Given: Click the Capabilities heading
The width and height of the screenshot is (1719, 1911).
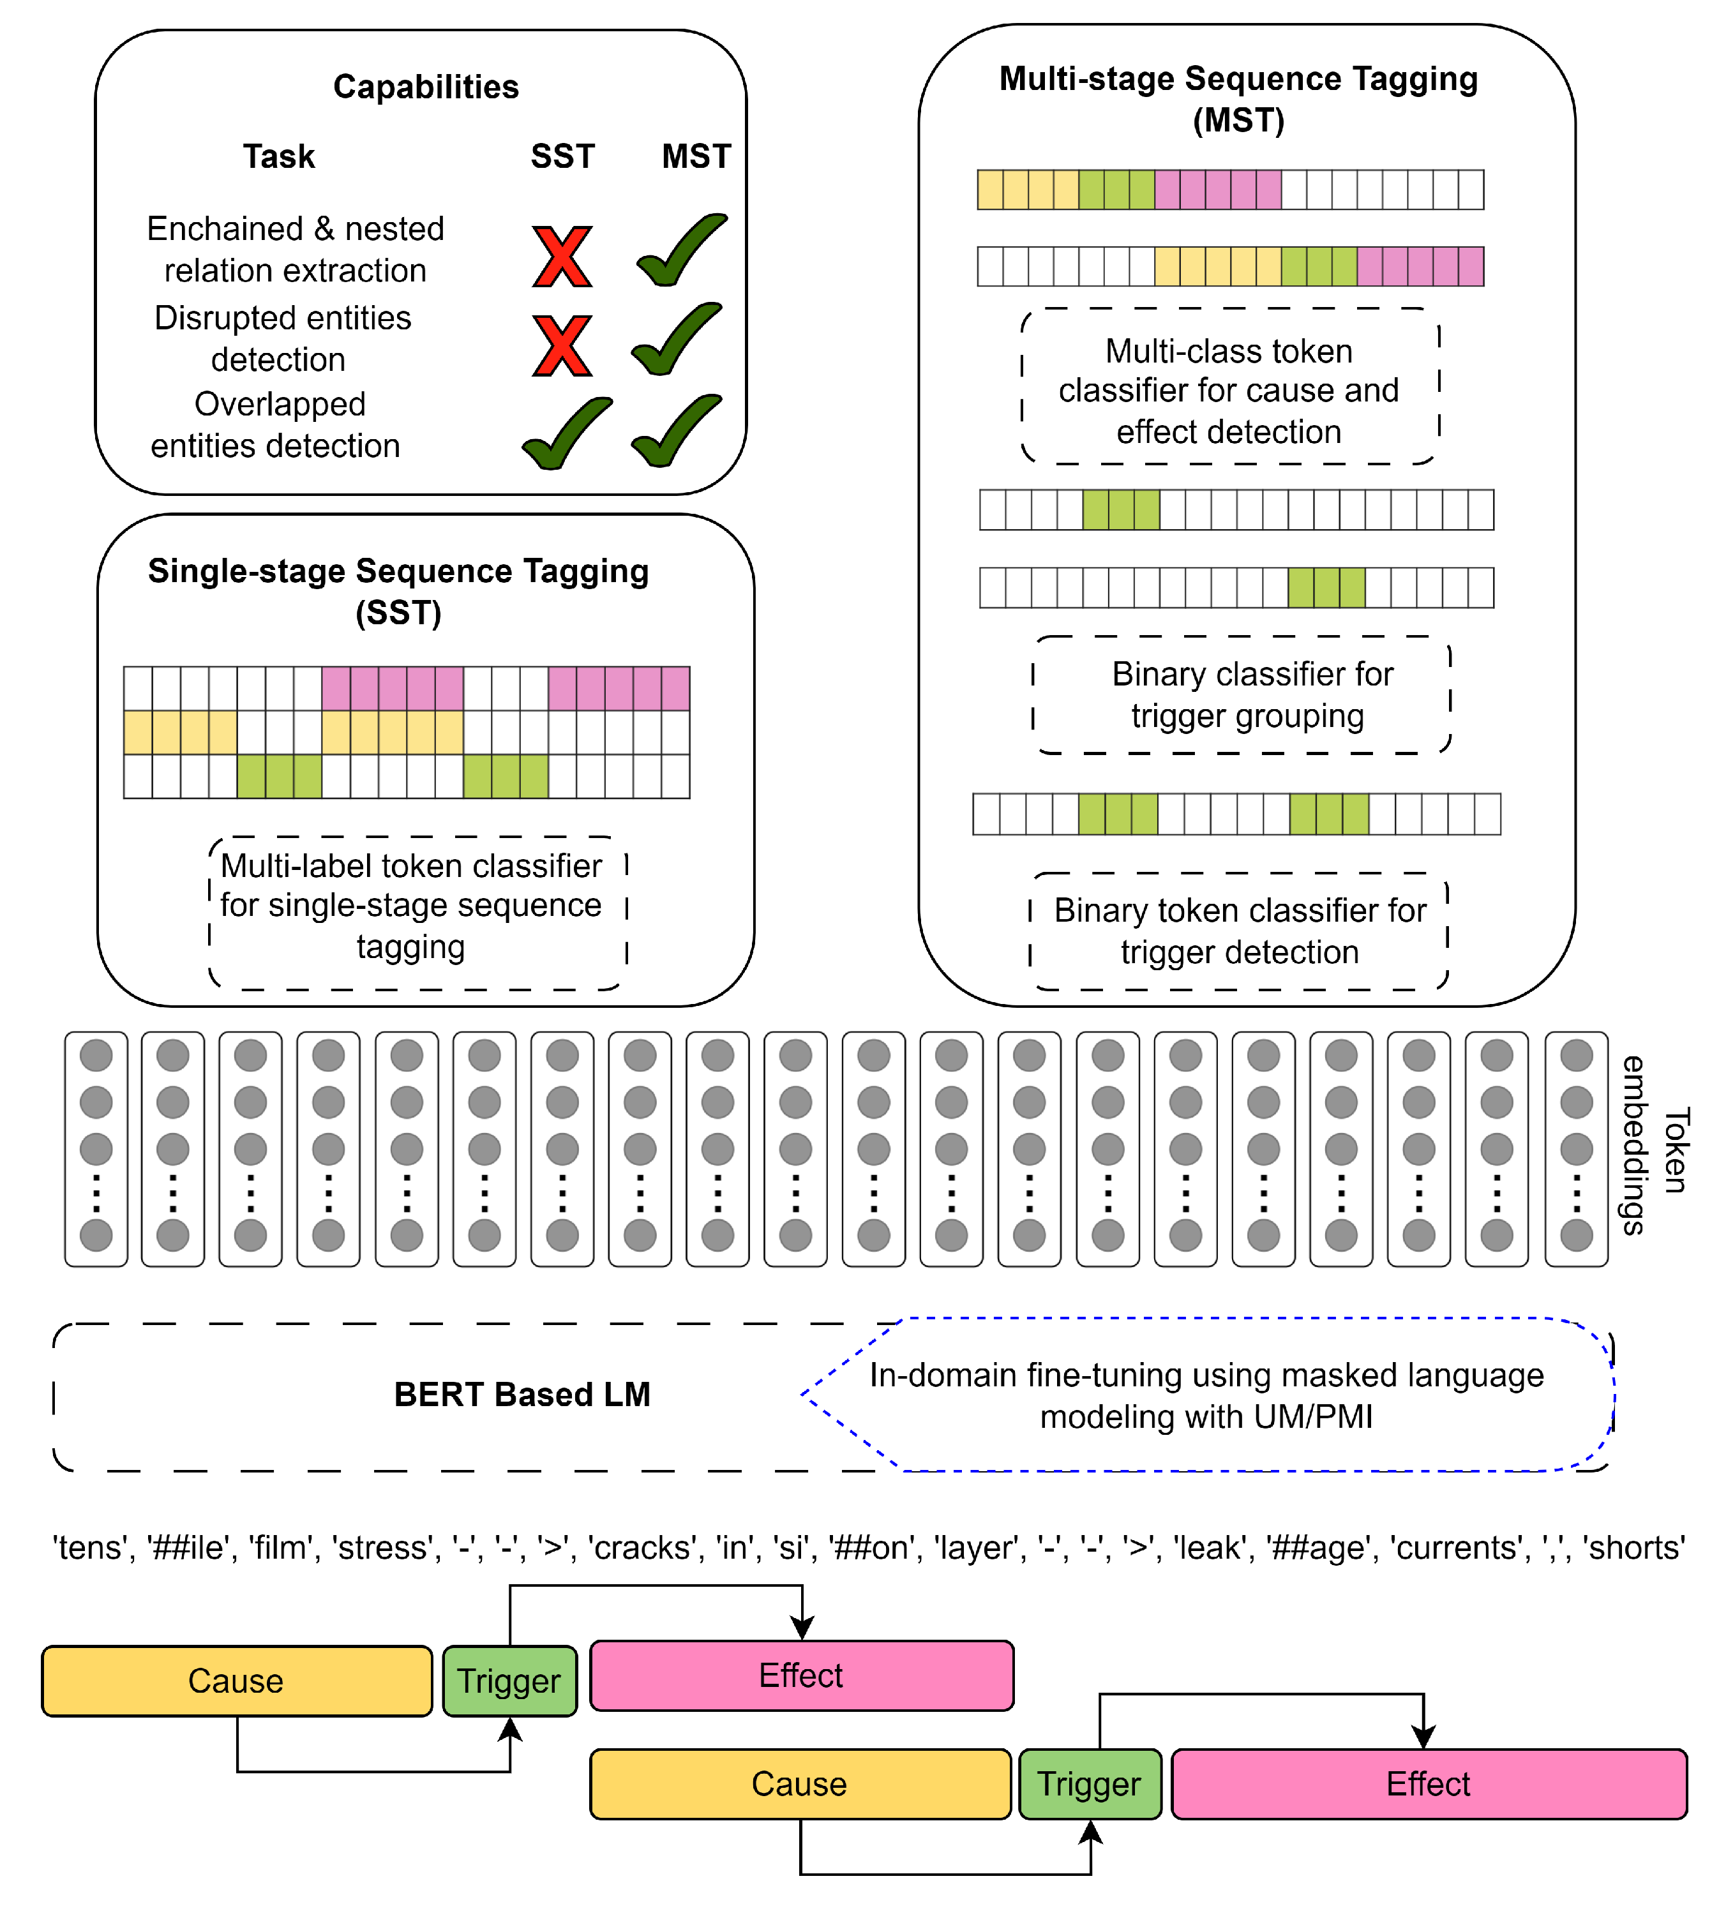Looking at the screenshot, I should [426, 87].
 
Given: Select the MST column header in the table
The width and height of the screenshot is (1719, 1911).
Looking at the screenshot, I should [696, 156].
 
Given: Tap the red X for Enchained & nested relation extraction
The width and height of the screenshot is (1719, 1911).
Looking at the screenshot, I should [562, 256].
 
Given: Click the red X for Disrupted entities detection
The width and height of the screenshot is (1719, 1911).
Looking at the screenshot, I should [562, 346].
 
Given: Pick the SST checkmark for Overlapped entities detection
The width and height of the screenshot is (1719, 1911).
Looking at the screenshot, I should [567, 433].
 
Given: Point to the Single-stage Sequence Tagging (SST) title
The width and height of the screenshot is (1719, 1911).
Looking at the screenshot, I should [398, 591].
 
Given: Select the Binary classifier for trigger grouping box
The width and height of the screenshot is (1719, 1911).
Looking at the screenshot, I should [1241, 694].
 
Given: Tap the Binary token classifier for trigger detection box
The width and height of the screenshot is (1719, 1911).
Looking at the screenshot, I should [1238, 931].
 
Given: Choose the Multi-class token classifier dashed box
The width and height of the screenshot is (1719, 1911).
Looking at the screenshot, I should [1229, 387].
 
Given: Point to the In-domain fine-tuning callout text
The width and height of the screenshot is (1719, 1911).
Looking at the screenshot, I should [1206, 1395].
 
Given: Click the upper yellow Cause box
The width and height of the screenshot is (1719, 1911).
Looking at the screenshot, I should [236, 1681].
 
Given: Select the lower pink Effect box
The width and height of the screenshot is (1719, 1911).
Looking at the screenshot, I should [1427, 1783].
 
